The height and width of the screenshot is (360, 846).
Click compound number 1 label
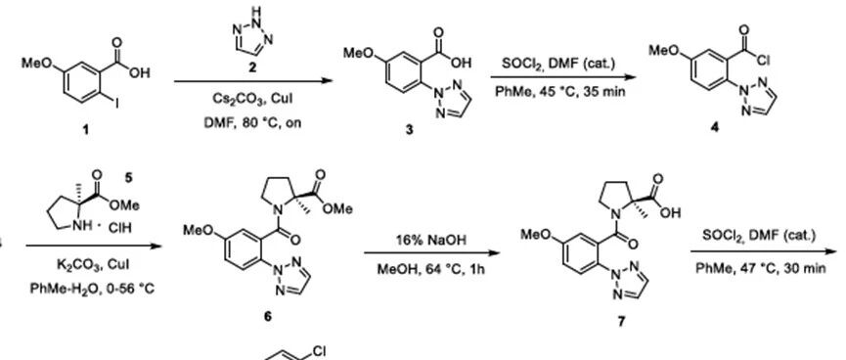point(86,130)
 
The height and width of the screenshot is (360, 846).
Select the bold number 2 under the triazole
point(252,67)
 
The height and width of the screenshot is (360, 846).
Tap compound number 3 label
point(410,130)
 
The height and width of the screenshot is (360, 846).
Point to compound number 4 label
point(715,129)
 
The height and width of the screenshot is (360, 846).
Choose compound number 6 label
point(268,317)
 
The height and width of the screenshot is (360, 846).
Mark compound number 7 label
point(621,322)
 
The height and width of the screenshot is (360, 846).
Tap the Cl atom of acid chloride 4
point(763,61)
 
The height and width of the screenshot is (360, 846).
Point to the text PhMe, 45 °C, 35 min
point(560,91)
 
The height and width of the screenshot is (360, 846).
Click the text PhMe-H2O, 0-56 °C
point(92,289)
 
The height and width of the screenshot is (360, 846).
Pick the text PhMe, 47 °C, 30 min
point(761,267)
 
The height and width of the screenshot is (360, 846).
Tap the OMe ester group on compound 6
point(338,208)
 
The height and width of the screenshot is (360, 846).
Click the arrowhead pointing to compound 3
point(328,81)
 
